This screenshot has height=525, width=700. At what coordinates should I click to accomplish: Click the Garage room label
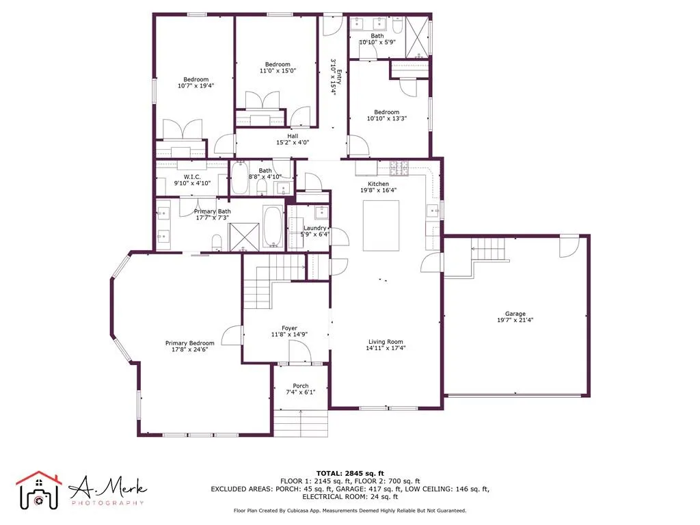point(515,314)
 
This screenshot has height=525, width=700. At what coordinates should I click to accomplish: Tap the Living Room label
point(385,342)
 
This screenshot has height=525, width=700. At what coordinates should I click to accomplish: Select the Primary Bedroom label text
point(189,343)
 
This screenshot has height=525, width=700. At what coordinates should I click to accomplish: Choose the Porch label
point(301,386)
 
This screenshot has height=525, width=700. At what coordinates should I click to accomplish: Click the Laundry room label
point(315,228)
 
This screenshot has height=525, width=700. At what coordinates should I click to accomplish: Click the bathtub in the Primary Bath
point(273,226)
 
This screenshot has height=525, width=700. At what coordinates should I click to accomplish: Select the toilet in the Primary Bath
point(217,241)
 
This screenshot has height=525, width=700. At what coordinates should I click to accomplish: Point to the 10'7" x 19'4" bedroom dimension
point(192,86)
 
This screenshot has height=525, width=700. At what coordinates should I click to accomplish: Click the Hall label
point(292,136)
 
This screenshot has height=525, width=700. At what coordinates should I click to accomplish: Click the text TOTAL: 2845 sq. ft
point(350,473)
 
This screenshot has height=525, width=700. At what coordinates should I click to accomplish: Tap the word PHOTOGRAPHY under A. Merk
point(107,503)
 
